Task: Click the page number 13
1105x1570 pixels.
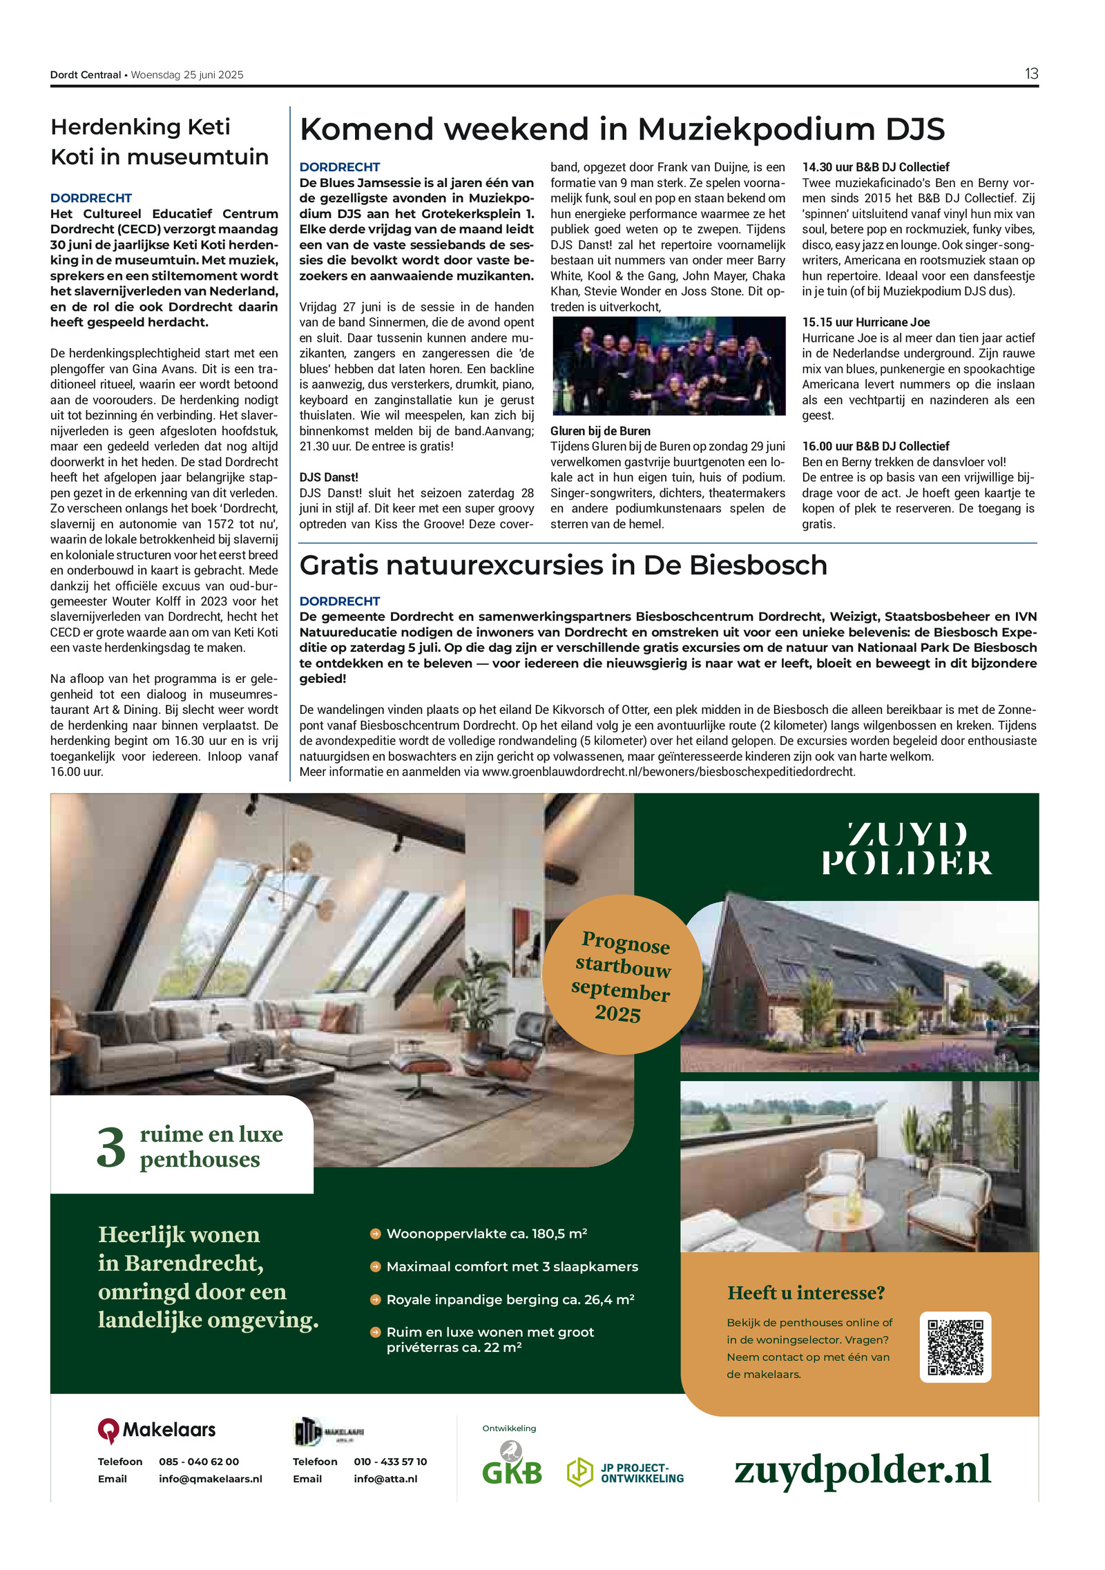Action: pos(1031,74)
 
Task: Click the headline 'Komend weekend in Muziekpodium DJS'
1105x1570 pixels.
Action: pos(622,129)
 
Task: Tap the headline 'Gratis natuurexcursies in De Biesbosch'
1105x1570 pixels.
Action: pos(563,565)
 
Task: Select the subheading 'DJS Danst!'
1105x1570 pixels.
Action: pos(329,477)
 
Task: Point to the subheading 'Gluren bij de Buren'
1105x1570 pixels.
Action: pos(600,431)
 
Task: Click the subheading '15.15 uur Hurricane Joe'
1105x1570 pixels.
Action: pos(865,322)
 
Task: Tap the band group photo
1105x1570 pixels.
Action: pos(669,366)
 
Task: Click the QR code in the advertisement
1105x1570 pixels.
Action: pos(955,1347)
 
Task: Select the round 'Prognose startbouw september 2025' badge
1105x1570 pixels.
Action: pos(622,975)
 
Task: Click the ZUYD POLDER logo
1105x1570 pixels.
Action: pos(907,849)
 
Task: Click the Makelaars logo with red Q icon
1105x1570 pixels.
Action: pos(157,1430)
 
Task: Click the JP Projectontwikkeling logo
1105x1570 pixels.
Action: pos(626,1473)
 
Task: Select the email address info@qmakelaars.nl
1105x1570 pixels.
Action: pos(211,1479)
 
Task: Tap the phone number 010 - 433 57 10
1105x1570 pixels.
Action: pos(390,1462)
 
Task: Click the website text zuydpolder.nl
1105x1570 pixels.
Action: pos(862,1469)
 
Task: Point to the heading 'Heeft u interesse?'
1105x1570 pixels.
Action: pos(806,1292)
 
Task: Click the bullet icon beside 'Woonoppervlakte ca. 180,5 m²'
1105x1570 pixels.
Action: pos(376,1234)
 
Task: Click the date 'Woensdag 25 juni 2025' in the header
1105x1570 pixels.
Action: pos(187,75)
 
